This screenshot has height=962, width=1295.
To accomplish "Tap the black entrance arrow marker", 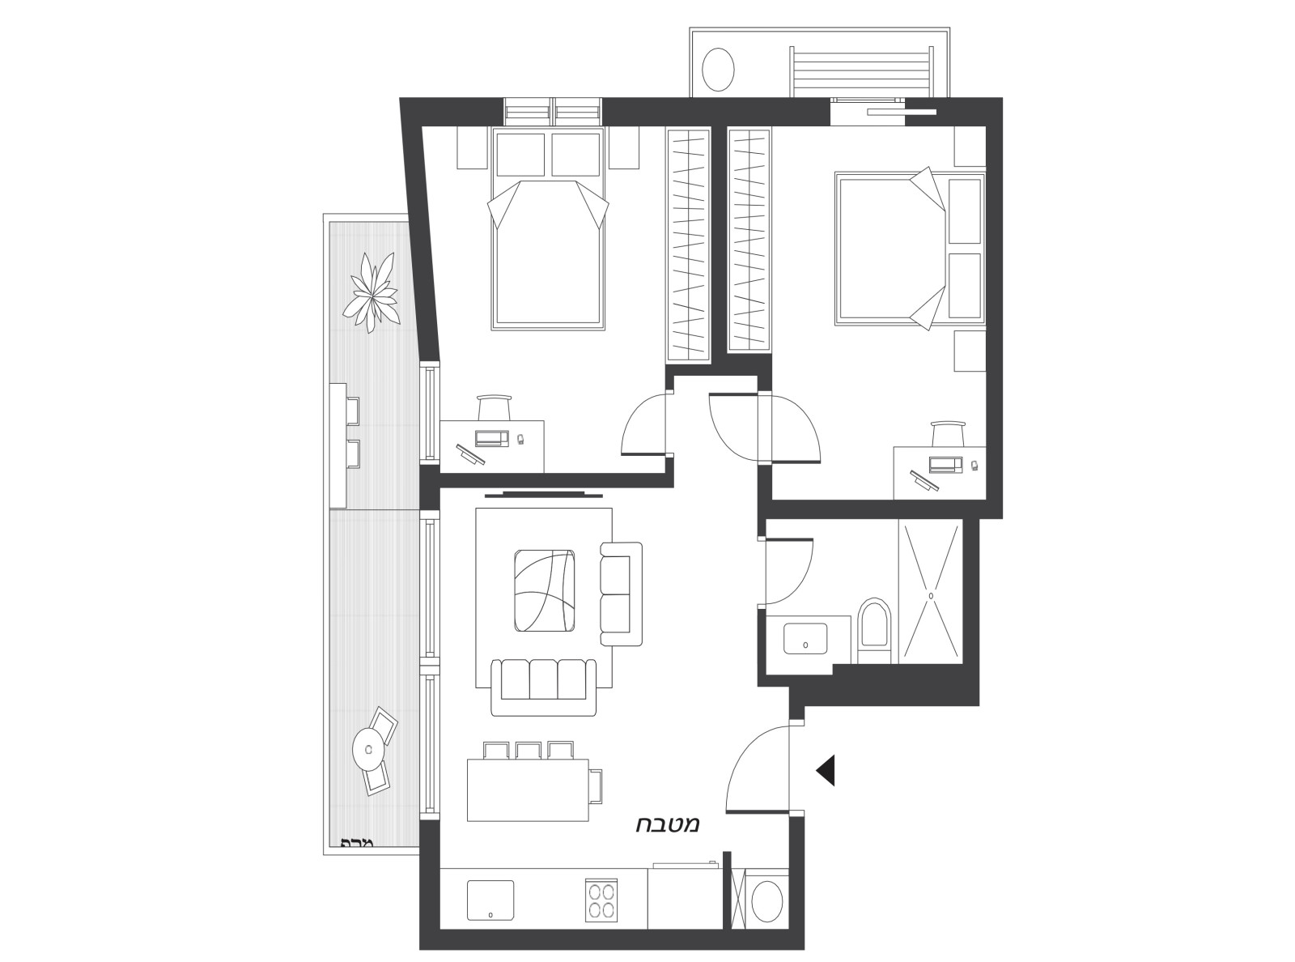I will [x=826, y=770].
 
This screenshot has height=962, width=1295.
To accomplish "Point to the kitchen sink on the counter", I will [x=490, y=900].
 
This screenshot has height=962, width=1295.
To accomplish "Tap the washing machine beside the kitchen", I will [x=766, y=900].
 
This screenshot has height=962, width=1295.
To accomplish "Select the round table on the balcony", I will [x=367, y=749].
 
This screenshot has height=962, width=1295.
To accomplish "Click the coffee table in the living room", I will [x=545, y=590].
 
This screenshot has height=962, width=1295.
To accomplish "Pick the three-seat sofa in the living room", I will [x=543, y=687].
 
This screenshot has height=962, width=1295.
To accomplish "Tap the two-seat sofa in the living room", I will [x=620, y=594].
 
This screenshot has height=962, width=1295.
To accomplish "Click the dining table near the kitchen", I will [x=528, y=790].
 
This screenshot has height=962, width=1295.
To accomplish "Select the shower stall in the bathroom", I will [x=931, y=593].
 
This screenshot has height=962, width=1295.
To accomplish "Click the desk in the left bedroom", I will [x=491, y=445].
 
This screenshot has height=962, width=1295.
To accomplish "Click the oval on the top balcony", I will [x=718, y=69].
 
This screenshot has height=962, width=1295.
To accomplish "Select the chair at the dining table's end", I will [x=597, y=785].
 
